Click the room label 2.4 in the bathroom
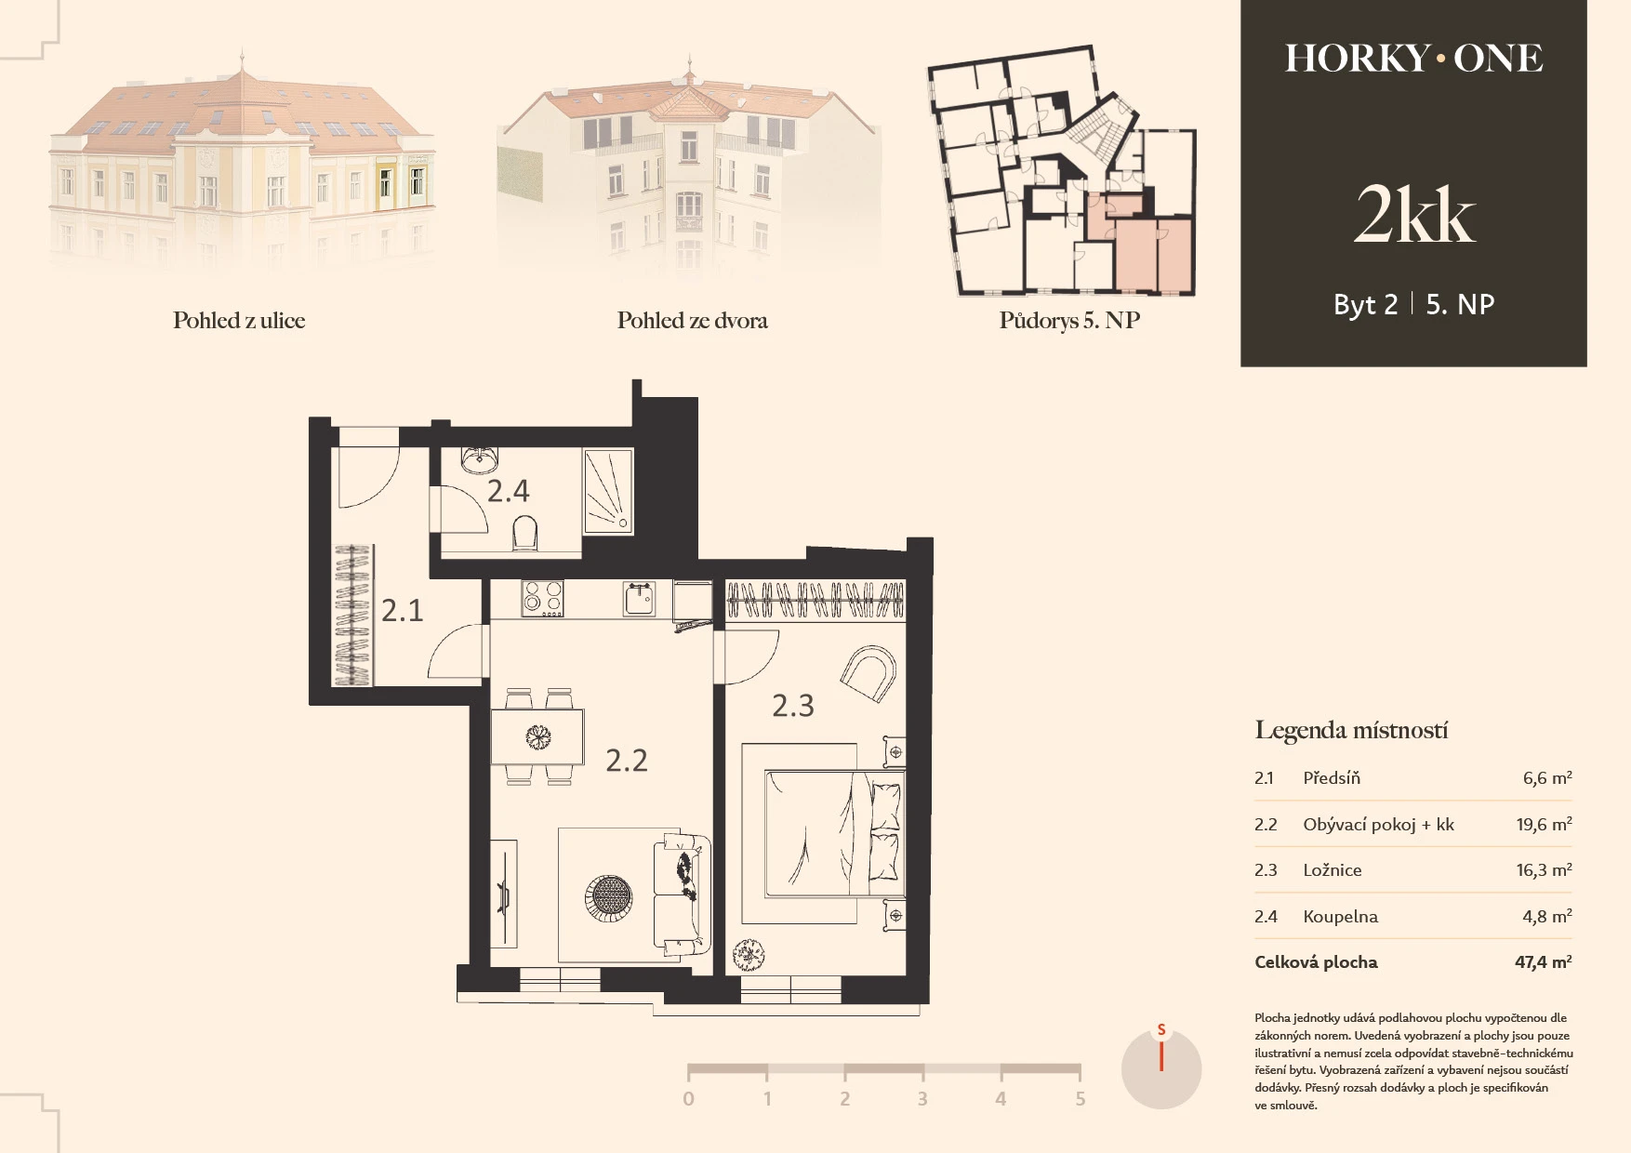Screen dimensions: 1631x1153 509,491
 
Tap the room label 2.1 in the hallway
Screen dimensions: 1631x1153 403,611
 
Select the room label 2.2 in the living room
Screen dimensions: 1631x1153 627,761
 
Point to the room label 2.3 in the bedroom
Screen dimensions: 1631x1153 793,706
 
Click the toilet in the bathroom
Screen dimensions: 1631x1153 524,535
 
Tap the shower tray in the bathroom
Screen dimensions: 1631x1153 608,491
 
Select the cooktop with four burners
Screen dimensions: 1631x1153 543,599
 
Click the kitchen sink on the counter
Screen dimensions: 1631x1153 640,599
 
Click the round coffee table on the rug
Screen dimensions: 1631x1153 609,898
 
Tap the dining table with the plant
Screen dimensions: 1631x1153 537,736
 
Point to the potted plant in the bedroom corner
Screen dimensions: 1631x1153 749,954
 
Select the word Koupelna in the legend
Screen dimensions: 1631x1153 1340,917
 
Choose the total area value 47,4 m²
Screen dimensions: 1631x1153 1544,962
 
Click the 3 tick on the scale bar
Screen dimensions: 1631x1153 922,1099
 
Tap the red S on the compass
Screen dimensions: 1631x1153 1161,1030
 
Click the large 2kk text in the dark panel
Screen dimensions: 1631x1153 1414,215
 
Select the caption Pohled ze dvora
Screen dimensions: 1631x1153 693,321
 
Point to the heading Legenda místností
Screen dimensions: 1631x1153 1351,731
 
